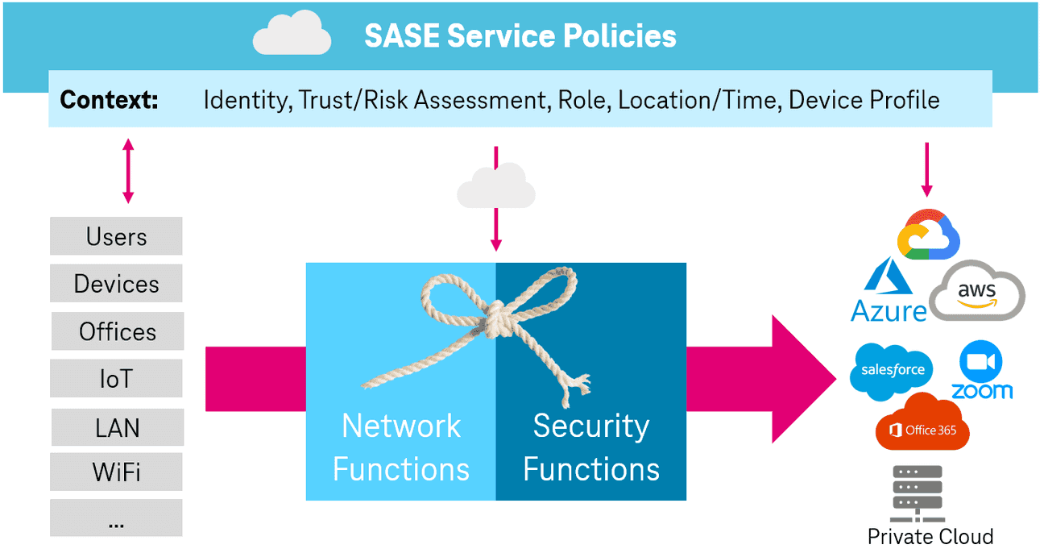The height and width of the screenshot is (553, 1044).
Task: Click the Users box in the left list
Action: (x=116, y=236)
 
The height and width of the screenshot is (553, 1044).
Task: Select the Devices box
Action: (x=116, y=284)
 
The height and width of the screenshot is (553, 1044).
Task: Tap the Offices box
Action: (x=118, y=331)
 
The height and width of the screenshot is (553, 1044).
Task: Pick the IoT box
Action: (x=116, y=378)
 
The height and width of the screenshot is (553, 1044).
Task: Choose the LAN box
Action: (x=118, y=427)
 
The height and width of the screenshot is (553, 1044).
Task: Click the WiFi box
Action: (x=116, y=472)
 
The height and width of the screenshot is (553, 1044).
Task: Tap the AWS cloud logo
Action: (x=976, y=292)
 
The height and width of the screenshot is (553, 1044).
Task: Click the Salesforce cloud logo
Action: (x=892, y=371)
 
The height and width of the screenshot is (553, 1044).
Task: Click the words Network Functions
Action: (x=401, y=447)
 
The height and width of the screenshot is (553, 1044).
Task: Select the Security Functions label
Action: (x=591, y=447)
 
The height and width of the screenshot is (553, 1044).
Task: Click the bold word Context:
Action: (x=110, y=100)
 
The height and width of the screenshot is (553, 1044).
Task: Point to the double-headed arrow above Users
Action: (x=127, y=171)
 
